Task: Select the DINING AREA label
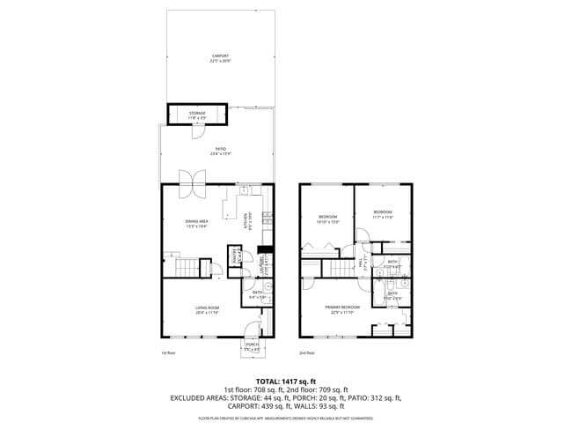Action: point(196,222)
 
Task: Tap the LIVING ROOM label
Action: point(207,309)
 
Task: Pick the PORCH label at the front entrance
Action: point(253,345)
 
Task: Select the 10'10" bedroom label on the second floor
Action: point(328,219)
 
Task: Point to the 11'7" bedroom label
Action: point(383,214)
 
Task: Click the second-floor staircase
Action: point(338,269)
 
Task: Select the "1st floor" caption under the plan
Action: point(168,352)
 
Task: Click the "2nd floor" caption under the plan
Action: point(307,352)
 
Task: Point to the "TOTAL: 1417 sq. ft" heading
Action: point(285,380)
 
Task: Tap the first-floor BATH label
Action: point(254,295)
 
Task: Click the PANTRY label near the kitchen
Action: point(235,256)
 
